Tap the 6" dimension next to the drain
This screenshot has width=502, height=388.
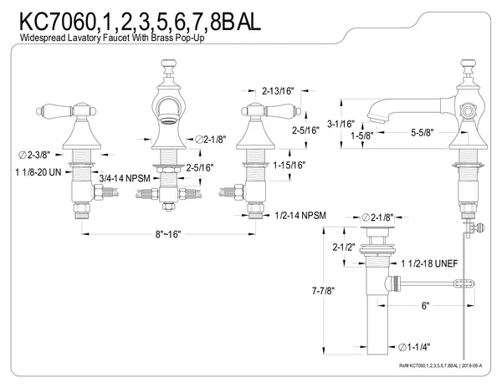pos(427,307)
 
